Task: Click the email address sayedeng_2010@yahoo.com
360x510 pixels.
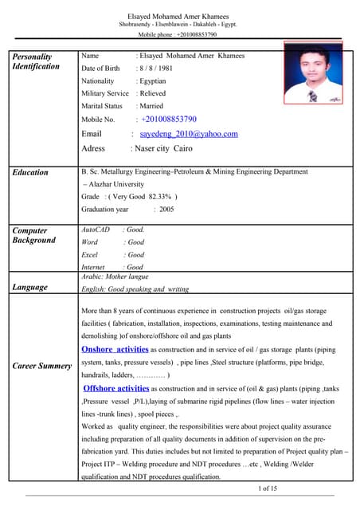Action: pyautogui.click(x=189, y=134)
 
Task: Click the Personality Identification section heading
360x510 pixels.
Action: pyautogui.click(x=36, y=61)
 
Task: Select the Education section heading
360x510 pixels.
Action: pyautogui.click(x=30, y=172)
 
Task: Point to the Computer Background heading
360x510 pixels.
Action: pyautogui.click(x=34, y=235)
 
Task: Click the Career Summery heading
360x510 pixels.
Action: pyautogui.click(x=41, y=367)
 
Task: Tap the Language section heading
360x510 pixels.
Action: pyautogui.click(x=29, y=287)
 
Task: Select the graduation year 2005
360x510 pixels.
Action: pyautogui.click(x=166, y=210)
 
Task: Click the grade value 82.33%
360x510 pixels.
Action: pyautogui.click(x=158, y=197)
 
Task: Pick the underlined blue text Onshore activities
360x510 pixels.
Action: pyautogui.click(x=115, y=349)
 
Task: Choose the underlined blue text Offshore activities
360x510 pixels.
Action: pyautogui.click(x=116, y=388)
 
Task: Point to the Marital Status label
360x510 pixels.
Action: pyautogui.click(x=102, y=106)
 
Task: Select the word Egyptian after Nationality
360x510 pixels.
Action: pyautogui.click(x=151, y=81)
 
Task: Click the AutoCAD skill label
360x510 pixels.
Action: pyautogui.click(x=96, y=229)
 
